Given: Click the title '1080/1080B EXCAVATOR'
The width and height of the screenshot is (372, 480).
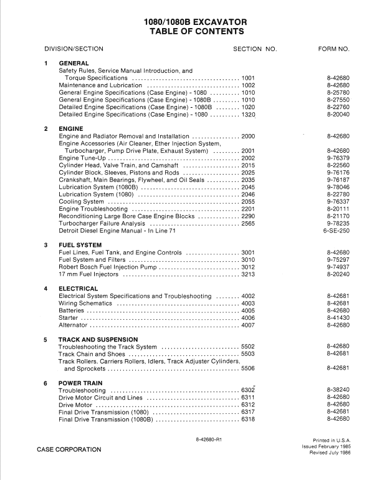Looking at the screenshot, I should point(186,21).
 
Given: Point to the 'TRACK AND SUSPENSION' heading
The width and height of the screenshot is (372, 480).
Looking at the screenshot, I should point(98,340).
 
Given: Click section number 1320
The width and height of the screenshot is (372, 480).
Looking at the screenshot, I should point(248,115).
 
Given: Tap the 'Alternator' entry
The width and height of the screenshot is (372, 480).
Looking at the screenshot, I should point(74,325).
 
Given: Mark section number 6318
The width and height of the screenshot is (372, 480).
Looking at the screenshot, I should point(248,420).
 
